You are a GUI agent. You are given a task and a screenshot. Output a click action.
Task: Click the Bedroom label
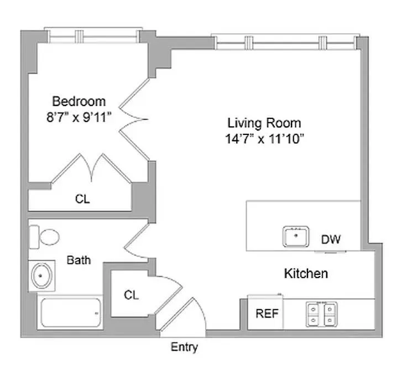click(x=79, y=101)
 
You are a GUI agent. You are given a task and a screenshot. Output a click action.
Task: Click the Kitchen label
click(x=306, y=273)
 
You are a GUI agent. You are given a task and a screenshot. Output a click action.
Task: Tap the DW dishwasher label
click(x=331, y=239)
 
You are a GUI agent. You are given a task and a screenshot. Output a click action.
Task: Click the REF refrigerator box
click(x=267, y=314)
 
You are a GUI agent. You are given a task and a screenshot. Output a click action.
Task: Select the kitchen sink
click(x=296, y=237)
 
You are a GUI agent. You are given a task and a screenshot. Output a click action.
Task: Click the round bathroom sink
click(x=42, y=275)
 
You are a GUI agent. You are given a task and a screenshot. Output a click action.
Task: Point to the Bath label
click(x=79, y=259)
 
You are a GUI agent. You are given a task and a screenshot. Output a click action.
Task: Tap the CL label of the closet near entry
click(x=131, y=295)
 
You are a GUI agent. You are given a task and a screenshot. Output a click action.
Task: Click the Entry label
click(x=184, y=347)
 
